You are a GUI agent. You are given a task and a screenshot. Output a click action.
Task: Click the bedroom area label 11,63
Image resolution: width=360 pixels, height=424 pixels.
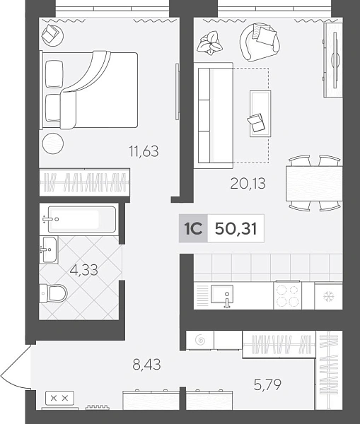click(144, 151)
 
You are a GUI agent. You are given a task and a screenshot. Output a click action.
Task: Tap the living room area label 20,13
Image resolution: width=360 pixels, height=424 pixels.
click(248, 183)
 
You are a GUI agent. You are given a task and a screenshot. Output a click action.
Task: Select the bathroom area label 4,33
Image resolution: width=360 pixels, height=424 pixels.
click(84, 270)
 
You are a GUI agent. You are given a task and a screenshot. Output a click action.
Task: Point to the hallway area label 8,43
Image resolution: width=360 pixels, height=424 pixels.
click(146, 364)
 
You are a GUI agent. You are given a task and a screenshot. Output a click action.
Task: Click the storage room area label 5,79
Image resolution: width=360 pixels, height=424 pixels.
click(267, 384)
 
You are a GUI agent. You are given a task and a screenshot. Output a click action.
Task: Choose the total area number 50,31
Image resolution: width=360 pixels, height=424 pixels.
click(236, 228)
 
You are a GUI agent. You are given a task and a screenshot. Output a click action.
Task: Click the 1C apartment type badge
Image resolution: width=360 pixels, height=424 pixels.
click(193, 228)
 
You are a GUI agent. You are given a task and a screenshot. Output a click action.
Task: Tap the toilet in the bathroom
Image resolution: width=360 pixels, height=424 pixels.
click(54, 293)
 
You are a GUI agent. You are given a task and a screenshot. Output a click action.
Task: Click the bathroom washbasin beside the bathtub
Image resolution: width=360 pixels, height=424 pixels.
click(49, 249)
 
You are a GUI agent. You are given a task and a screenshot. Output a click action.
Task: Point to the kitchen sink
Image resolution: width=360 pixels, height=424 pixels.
click(221, 294)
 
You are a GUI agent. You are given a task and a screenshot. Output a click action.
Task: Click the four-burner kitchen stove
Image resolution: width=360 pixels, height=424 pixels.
click(287, 295)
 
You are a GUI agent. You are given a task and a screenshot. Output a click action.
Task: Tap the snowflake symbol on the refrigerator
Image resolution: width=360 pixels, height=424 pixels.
click(329, 297)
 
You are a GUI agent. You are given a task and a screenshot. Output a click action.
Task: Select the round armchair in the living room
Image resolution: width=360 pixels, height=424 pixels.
click(260, 42)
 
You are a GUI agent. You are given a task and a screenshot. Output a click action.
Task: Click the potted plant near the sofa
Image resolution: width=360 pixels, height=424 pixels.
click(209, 43)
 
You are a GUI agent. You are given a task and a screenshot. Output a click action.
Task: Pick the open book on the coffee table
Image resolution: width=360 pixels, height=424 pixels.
click(256, 123)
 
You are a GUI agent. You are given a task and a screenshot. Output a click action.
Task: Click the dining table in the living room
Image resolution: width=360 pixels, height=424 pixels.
click(314, 183)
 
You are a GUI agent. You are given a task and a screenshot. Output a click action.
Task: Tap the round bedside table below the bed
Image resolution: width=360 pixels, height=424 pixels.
click(53, 143)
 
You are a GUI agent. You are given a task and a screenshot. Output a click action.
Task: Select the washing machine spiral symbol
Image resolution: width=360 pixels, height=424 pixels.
click(200, 340)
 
